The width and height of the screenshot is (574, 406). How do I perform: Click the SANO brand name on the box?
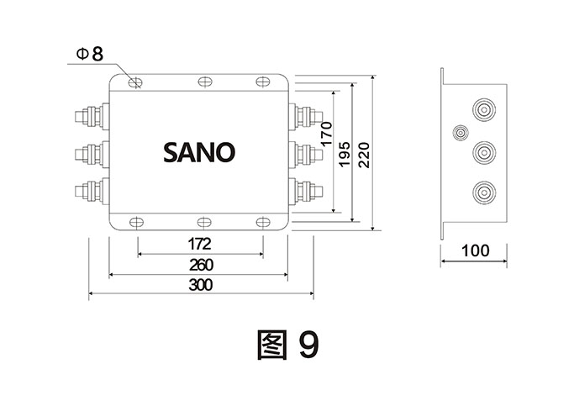pos(199,152)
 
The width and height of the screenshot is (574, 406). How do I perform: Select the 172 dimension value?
pos(199,244)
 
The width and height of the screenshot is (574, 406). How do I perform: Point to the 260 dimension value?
pos(199,264)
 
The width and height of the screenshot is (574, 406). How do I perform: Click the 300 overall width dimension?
pos(199,285)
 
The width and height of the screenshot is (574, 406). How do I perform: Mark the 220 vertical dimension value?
pos(364,153)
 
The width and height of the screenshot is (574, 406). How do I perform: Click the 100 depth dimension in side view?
pos(476,251)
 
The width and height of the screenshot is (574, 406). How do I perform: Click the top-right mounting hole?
pos(264,82)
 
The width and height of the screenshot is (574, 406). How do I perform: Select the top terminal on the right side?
pos(303,114)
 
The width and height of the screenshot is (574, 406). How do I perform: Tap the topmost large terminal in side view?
pos(482,110)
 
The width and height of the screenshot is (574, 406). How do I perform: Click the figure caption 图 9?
pos(286,343)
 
